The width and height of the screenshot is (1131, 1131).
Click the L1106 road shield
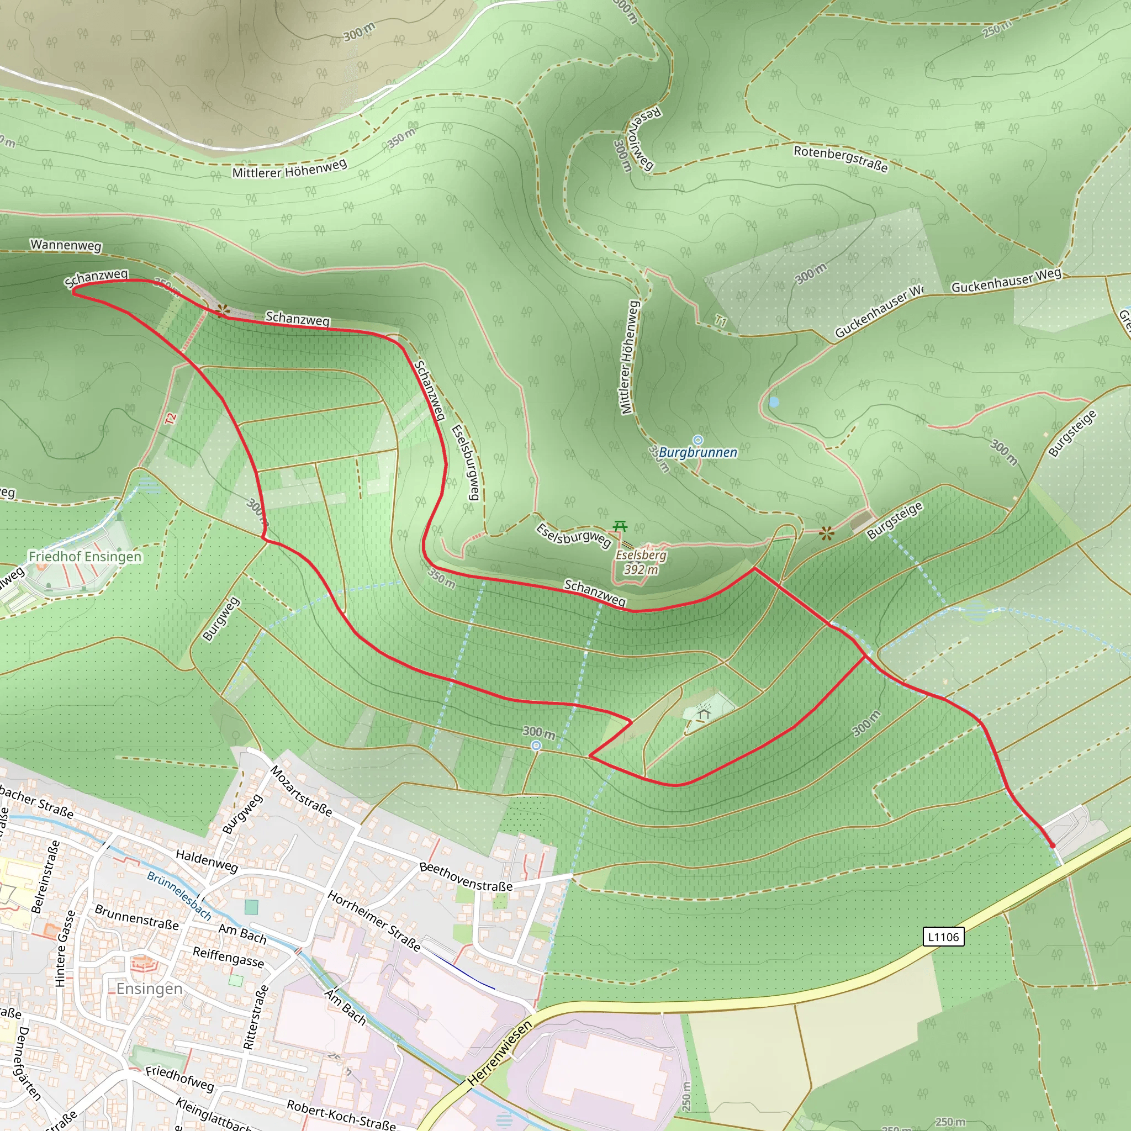point(943,937)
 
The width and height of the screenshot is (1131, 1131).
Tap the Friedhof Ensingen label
point(85,556)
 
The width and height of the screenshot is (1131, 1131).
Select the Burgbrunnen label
point(698,452)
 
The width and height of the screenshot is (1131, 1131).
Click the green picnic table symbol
point(620,526)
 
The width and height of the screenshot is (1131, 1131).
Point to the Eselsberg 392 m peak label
point(641,562)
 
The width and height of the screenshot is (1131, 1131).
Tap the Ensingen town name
point(149,989)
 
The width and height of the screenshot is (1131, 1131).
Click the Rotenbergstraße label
point(841,158)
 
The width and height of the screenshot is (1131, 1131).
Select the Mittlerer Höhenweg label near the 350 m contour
point(290,168)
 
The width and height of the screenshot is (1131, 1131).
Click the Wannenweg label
point(66,245)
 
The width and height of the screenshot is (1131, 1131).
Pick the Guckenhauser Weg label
point(1006,281)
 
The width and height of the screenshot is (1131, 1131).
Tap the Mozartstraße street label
point(301,790)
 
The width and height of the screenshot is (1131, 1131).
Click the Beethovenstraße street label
point(466,877)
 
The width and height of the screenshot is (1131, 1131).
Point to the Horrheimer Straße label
point(373,921)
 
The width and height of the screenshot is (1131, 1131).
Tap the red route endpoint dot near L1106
point(1052,845)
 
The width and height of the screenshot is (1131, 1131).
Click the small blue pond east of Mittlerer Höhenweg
point(774,402)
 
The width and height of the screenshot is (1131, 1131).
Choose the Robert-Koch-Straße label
point(341,1114)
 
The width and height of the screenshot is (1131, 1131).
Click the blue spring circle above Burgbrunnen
point(698,440)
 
